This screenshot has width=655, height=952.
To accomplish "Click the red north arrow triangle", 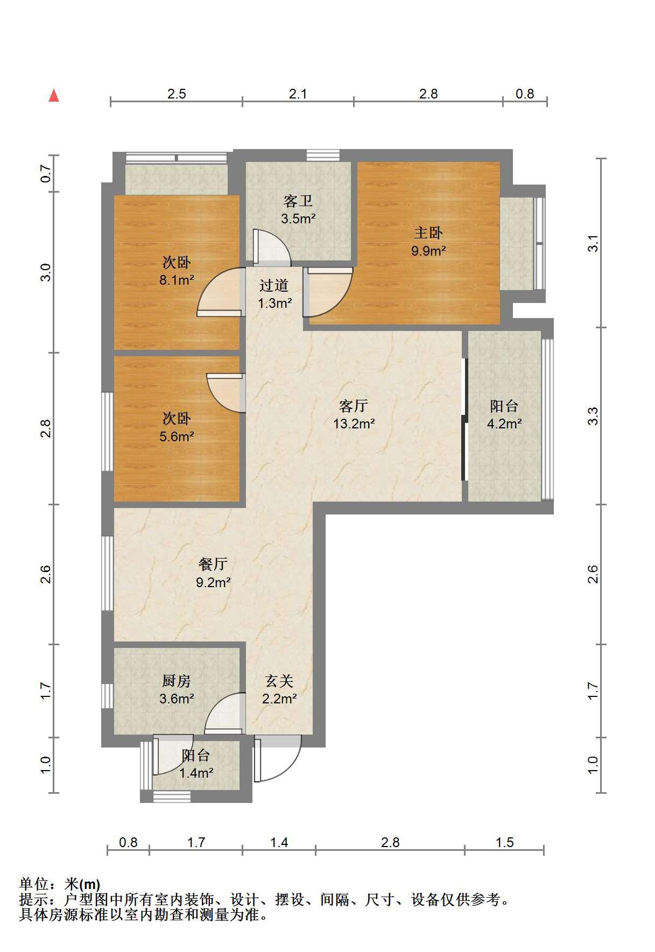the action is (54, 95).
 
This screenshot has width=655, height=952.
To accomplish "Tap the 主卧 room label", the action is (428, 232).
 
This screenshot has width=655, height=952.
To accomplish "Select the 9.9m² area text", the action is (428, 250).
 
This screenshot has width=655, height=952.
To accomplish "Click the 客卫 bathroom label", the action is (298, 201).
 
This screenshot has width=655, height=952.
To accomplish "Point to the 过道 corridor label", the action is (274, 285).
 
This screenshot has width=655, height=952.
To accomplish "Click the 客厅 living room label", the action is (354, 405).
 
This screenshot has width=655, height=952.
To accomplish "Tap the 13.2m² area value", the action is (354, 424).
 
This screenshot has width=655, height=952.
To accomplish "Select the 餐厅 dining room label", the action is (213, 564).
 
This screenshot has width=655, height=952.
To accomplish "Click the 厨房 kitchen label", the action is (177, 681).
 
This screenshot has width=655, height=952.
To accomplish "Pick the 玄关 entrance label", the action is (279, 681).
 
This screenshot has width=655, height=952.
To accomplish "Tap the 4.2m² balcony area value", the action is (504, 424).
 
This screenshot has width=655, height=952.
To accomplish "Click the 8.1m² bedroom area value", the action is (177, 280).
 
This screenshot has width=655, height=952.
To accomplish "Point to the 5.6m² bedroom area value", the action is (177, 436).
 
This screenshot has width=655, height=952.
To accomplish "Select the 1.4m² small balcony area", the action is (196, 773).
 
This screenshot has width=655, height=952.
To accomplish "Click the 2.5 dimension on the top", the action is (177, 94).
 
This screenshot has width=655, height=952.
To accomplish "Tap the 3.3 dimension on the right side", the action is (593, 416).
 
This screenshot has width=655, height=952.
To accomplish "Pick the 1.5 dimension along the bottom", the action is (505, 842).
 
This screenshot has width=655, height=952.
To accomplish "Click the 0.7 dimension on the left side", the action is (46, 173).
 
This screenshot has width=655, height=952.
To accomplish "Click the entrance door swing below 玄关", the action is (278, 759).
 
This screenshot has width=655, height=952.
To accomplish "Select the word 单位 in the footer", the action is (34, 884).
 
